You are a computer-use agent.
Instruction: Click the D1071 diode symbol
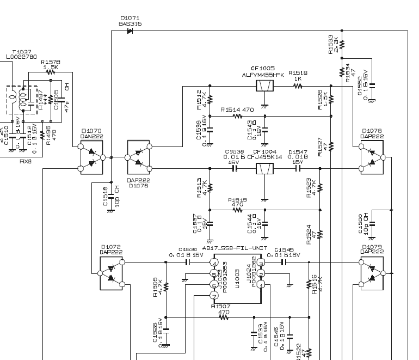pos(130,31)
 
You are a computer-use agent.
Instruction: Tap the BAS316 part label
pos(130,24)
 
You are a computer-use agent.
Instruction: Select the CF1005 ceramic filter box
pos(264,86)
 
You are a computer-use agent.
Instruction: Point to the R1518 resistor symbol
pos(298,86)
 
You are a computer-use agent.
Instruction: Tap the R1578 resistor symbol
pos(51,71)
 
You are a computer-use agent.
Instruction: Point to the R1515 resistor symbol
pos(238,210)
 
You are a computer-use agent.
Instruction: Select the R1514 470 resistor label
pos(237,109)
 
